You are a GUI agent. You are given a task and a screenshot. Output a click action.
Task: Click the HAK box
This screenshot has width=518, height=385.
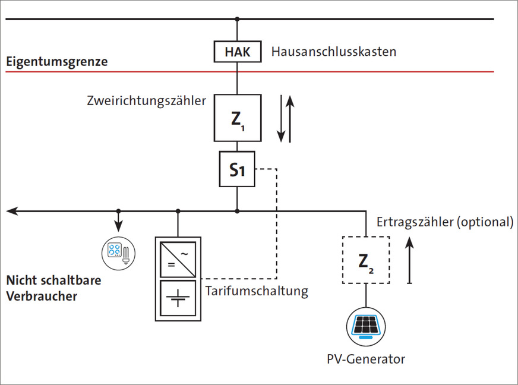(237, 52)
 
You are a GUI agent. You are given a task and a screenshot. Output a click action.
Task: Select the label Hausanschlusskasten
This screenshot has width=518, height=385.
(333, 52)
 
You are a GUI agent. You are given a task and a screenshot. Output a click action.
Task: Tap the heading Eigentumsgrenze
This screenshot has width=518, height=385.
(56, 61)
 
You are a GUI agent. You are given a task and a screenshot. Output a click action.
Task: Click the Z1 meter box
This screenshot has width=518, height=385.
(237, 118)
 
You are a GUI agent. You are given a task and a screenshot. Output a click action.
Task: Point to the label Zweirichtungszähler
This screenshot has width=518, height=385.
(146, 100)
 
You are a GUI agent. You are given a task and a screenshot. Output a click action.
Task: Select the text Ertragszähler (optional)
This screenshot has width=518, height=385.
(444, 222)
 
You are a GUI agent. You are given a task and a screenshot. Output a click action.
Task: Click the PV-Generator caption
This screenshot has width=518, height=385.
(366, 359)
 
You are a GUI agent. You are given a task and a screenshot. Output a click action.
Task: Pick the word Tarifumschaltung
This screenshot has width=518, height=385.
(257, 291)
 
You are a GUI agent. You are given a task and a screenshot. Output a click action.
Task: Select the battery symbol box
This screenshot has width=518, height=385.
(178, 299)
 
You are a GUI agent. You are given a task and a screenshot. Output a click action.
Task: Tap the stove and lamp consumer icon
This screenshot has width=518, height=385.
(119, 252)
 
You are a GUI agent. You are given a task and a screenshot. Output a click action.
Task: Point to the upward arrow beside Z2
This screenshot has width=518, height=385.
(409, 259)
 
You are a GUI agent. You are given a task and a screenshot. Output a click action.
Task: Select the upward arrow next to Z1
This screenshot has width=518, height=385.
(290, 119)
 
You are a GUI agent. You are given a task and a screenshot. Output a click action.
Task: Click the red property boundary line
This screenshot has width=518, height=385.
(356, 72)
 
